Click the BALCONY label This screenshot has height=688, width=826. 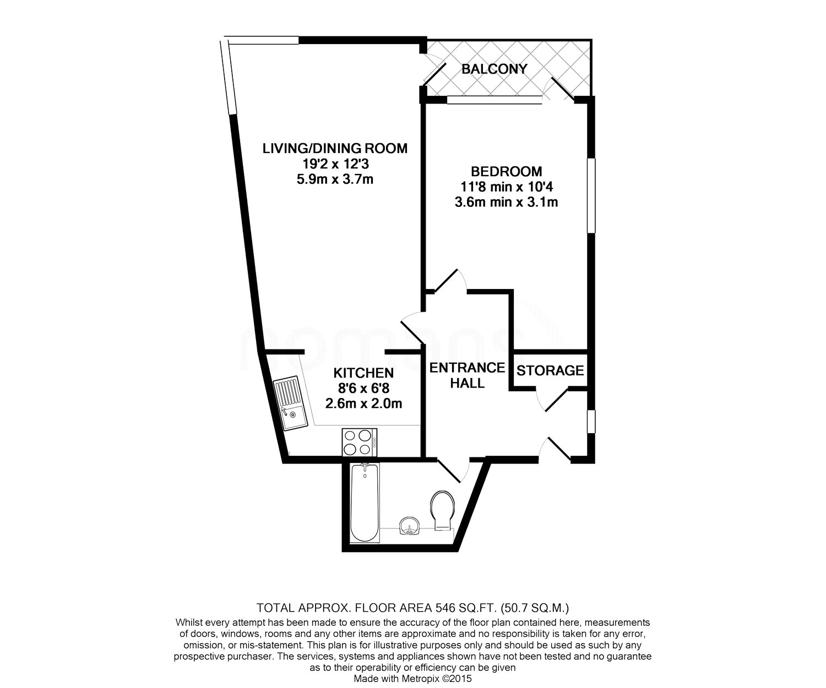click(x=494, y=69)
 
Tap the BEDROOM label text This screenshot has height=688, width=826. click(x=506, y=171)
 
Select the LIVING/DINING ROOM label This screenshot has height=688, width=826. click(x=334, y=148)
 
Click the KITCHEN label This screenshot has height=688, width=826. click(x=363, y=373)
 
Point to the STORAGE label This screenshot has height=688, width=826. click(x=550, y=370)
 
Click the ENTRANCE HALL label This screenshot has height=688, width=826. click(x=467, y=375)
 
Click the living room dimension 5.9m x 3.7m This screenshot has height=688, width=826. click(x=334, y=179)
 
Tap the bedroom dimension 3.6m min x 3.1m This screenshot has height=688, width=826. click(x=506, y=202)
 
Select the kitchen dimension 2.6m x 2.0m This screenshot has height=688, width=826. click(x=363, y=403)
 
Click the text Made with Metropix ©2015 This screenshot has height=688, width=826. click(x=412, y=679)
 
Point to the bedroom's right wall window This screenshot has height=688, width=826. click(x=591, y=195)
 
